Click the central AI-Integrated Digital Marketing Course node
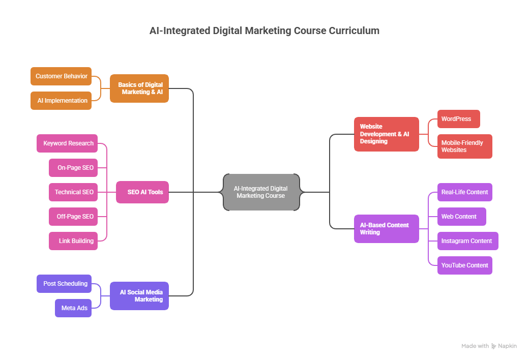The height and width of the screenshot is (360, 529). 261,192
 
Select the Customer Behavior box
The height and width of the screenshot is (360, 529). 61,76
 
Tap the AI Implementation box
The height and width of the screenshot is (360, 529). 61,101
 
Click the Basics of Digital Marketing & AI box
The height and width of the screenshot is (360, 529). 139,88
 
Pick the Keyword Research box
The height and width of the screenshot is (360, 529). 67,143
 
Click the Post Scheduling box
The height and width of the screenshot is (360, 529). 64,284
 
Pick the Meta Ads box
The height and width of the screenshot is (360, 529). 73,308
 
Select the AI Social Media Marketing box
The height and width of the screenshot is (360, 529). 139,296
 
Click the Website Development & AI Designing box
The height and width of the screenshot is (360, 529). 387,134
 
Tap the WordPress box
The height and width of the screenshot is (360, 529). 458,119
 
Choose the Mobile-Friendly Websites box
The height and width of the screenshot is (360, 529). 464,146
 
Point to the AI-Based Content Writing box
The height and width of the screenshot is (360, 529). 387,229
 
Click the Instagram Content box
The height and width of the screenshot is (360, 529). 467,241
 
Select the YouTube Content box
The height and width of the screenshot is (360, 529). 464,265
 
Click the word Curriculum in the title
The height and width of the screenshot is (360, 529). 354,31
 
